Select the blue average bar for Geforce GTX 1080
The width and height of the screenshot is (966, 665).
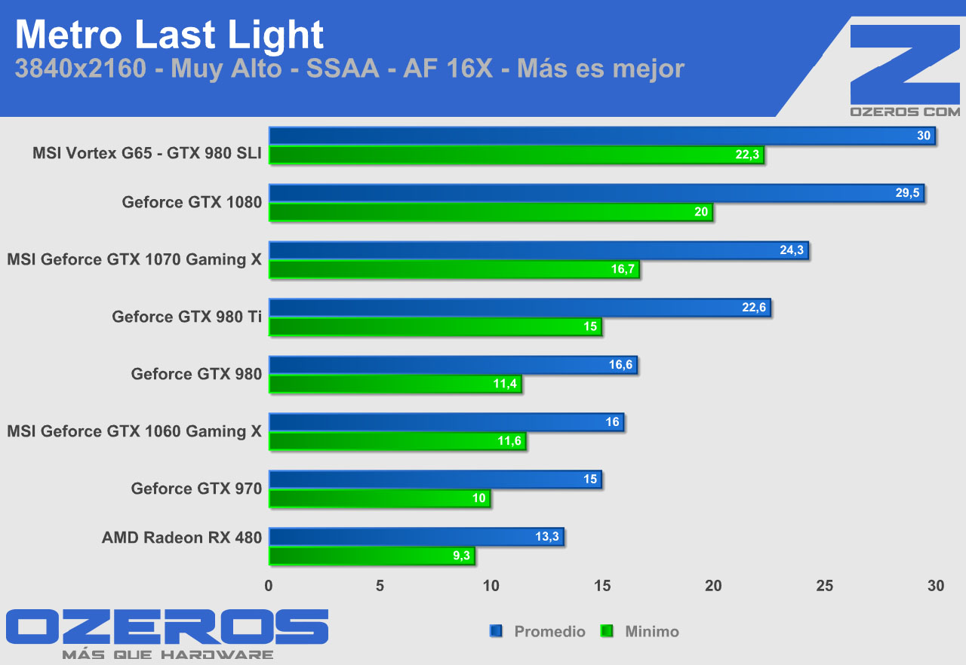click(x=596, y=193)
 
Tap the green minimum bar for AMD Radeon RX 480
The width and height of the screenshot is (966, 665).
click(x=371, y=556)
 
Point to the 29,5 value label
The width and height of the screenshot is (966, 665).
click(x=907, y=193)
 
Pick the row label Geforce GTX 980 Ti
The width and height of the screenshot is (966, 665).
click(x=186, y=317)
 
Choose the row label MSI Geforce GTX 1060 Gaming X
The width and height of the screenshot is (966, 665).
click(x=134, y=431)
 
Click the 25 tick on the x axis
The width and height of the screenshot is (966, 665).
click(x=825, y=586)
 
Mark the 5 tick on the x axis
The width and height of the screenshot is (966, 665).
click(x=380, y=586)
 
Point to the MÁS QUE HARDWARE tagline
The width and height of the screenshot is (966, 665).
click(x=168, y=654)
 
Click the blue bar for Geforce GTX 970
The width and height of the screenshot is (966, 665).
click(x=435, y=480)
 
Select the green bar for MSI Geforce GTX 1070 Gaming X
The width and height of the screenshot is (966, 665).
click(x=453, y=269)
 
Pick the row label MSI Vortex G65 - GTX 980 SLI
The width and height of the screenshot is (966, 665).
click(x=146, y=154)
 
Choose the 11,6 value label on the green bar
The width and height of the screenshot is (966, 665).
click(x=509, y=441)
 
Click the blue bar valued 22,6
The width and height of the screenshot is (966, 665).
click(x=519, y=308)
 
